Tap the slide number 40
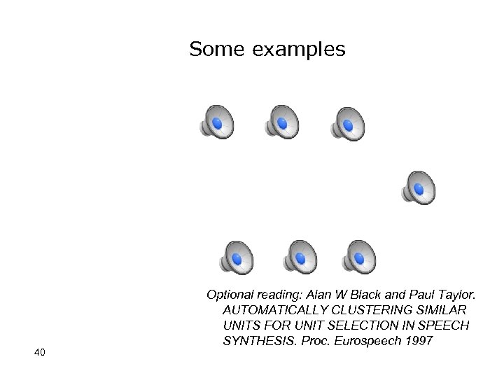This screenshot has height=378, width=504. (x=39, y=352)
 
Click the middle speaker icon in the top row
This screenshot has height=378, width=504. (x=281, y=122)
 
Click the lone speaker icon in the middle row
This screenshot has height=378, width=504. (x=419, y=188)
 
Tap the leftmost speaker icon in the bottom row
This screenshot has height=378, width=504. (x=236, y=258)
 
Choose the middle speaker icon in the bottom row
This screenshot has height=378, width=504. (x=300, y=258)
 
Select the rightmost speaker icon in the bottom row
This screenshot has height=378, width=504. (x=358, y=258)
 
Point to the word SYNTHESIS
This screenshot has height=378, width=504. (x=254, y=341)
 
